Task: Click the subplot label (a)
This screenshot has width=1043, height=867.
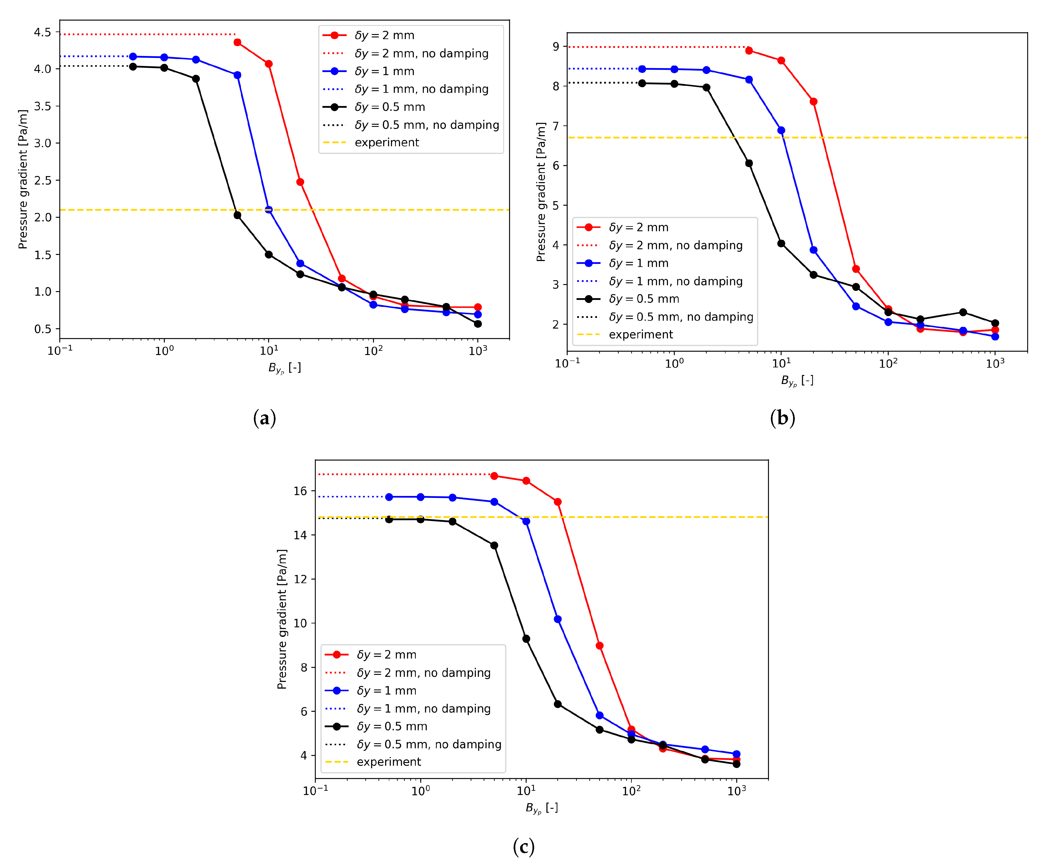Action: click(264, 418)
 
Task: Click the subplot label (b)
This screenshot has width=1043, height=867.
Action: click(782, 418)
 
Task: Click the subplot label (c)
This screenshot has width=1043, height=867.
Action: click(523, 846)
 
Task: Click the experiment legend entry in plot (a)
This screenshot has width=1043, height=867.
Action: click(386, 143)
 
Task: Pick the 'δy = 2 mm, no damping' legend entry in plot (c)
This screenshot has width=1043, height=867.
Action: click(423, 673)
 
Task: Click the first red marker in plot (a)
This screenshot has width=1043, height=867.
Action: click(237, 43)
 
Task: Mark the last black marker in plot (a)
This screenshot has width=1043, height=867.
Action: click(478, 324)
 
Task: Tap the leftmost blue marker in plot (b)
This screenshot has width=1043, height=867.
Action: click(642, 69)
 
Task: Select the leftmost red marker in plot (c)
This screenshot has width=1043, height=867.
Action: click(494, 476)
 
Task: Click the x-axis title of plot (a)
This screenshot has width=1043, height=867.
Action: click(285, 368)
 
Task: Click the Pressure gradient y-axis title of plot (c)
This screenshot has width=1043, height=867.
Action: click(282, 619)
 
